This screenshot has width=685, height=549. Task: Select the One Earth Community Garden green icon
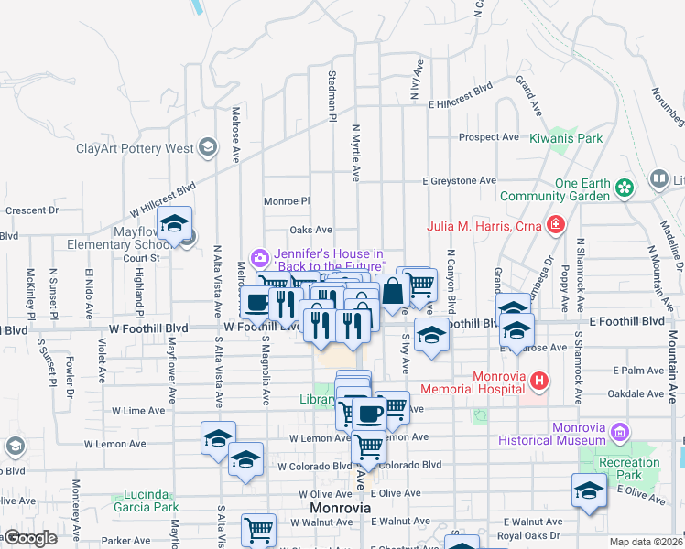625,188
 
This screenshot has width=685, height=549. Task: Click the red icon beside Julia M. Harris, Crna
555,224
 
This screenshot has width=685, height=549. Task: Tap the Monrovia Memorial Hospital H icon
539,380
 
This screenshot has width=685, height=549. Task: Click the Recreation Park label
629,468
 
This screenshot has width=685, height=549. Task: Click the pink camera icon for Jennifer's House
259,259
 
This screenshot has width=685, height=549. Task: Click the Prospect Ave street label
489,137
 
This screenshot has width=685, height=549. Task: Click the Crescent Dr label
31,210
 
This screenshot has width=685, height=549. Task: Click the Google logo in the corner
30,538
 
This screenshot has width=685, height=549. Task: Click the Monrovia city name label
340,508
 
